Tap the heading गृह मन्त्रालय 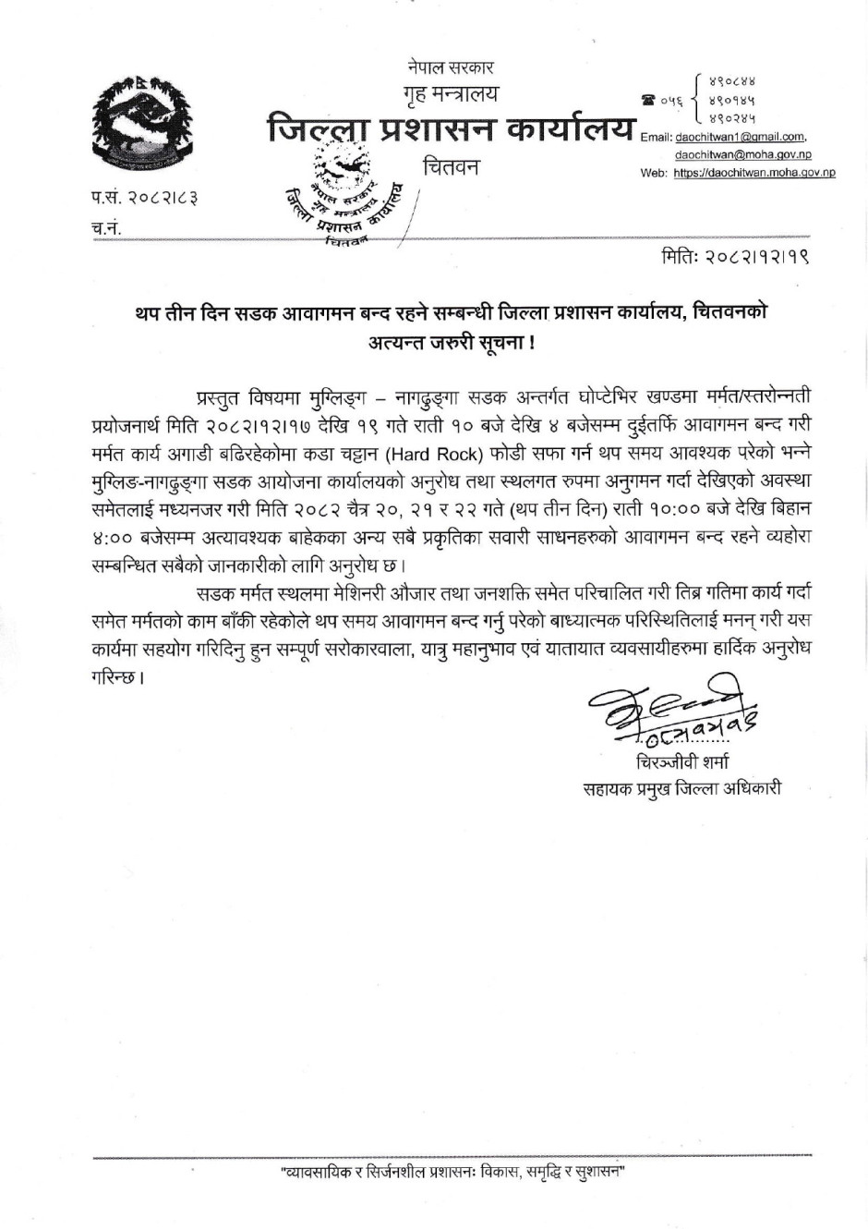click(449, 93)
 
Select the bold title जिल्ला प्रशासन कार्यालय click(451, 129)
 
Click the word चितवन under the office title click(452, 168)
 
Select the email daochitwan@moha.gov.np click(743, 155)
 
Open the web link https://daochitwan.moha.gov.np click(753, 173)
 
